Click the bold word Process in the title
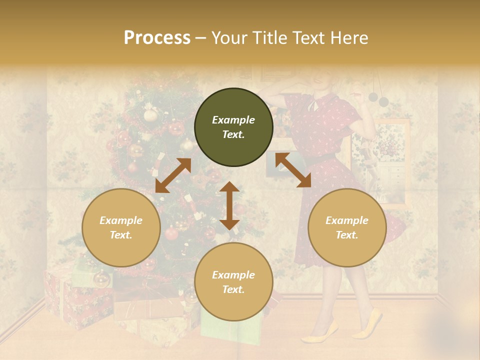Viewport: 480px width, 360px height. pos(157,38)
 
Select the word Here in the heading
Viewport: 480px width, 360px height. pos(350,38)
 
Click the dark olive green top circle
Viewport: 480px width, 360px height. pos(233,127)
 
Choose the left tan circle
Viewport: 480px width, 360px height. pos(121,227)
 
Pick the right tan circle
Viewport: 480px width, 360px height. pos(347,227)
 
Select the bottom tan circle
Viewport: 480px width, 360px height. pos(233,281)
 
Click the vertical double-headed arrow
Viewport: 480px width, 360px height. pos(229,205)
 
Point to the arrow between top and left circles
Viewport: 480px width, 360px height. pos(173,175)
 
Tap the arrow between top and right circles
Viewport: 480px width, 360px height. pos(293,170)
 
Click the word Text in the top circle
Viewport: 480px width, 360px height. pos(233,134)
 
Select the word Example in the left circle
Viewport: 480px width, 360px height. pos(121,220)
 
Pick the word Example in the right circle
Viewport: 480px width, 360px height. pos(347,220)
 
